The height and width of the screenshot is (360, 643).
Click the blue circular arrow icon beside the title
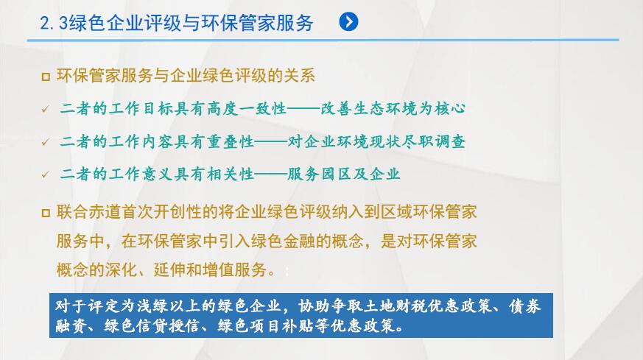[x=348, y=22]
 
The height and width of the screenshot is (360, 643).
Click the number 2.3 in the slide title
[x=54, y=23]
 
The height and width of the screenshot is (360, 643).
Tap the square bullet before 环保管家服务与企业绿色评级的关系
[x=46, y=77]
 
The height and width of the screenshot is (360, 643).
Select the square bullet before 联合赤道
[x=46, y=213]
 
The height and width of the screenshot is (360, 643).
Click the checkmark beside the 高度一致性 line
[x=45, y=109]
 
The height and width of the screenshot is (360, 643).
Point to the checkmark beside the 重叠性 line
[x=45, y=142]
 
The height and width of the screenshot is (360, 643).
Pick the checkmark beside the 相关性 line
[x=45, y=174]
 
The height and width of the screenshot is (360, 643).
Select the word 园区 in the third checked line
[x=336, y=174]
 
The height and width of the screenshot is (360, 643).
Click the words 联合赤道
[x=88, y=212]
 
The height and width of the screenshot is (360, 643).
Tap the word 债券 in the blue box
[x=525, y=306]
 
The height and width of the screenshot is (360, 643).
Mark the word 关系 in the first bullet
[x=299, y=76]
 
